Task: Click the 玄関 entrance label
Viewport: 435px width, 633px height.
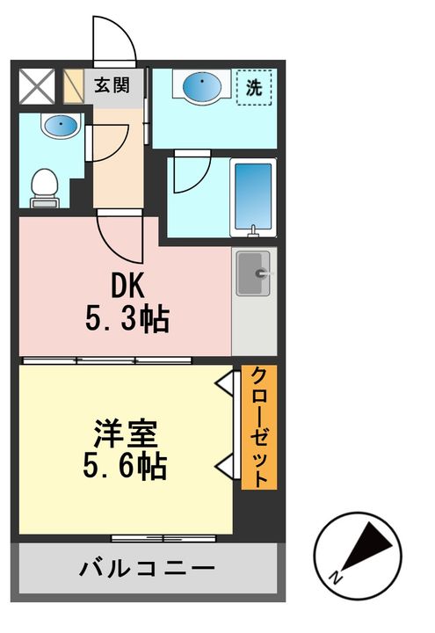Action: [x=112, y=85]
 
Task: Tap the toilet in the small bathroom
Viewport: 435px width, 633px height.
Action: [x=44, y=186]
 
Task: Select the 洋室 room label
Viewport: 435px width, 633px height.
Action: [x=126, y=434]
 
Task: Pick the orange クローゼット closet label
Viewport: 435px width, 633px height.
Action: [x=259, y=427]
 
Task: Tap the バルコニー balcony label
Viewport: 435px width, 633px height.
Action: [x=147, y=569]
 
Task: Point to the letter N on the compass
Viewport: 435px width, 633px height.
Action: [x=335, y=577]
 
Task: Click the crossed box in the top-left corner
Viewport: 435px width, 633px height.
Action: [x=37, y=85]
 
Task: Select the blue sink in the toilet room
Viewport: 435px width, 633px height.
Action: [x=61, y=126]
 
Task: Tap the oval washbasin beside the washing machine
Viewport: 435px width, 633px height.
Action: [x=203, y=87]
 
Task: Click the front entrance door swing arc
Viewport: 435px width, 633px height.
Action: [x=113, y=40]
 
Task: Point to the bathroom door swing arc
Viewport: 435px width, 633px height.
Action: [x=190, y=172]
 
